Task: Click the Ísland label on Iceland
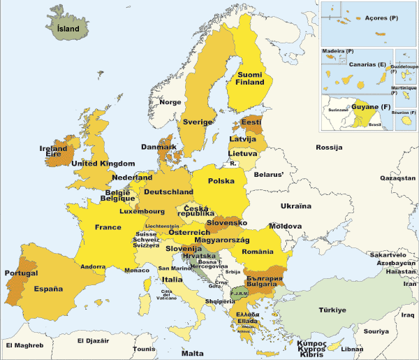click(x=68, y=29)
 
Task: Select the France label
click(x=108, y=227)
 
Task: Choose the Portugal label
click(x=21, y=273)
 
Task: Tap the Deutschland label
click(x=168, y=192)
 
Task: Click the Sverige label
click(x=198, y=122)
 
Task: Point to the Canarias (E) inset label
click(x=372, y=64)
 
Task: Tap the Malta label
click(x=193, y=353)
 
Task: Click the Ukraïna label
click(x=295, y=206)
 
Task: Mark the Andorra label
click(x=93, y=266)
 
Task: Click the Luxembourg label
click(x=142, y=211)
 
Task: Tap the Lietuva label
click(x=243, y=153)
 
